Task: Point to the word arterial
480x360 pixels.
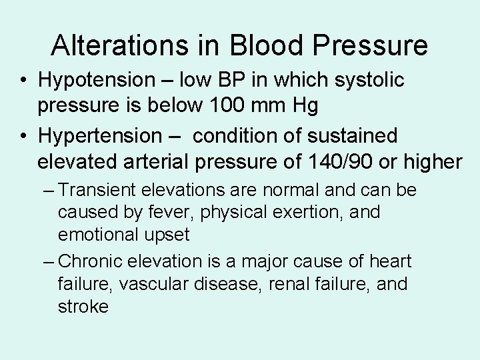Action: coord(163,162)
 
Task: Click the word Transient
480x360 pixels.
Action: coord(102,191)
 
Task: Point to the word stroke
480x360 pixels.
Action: coord(83,306)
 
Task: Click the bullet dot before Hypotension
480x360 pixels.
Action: coord(23,81)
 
